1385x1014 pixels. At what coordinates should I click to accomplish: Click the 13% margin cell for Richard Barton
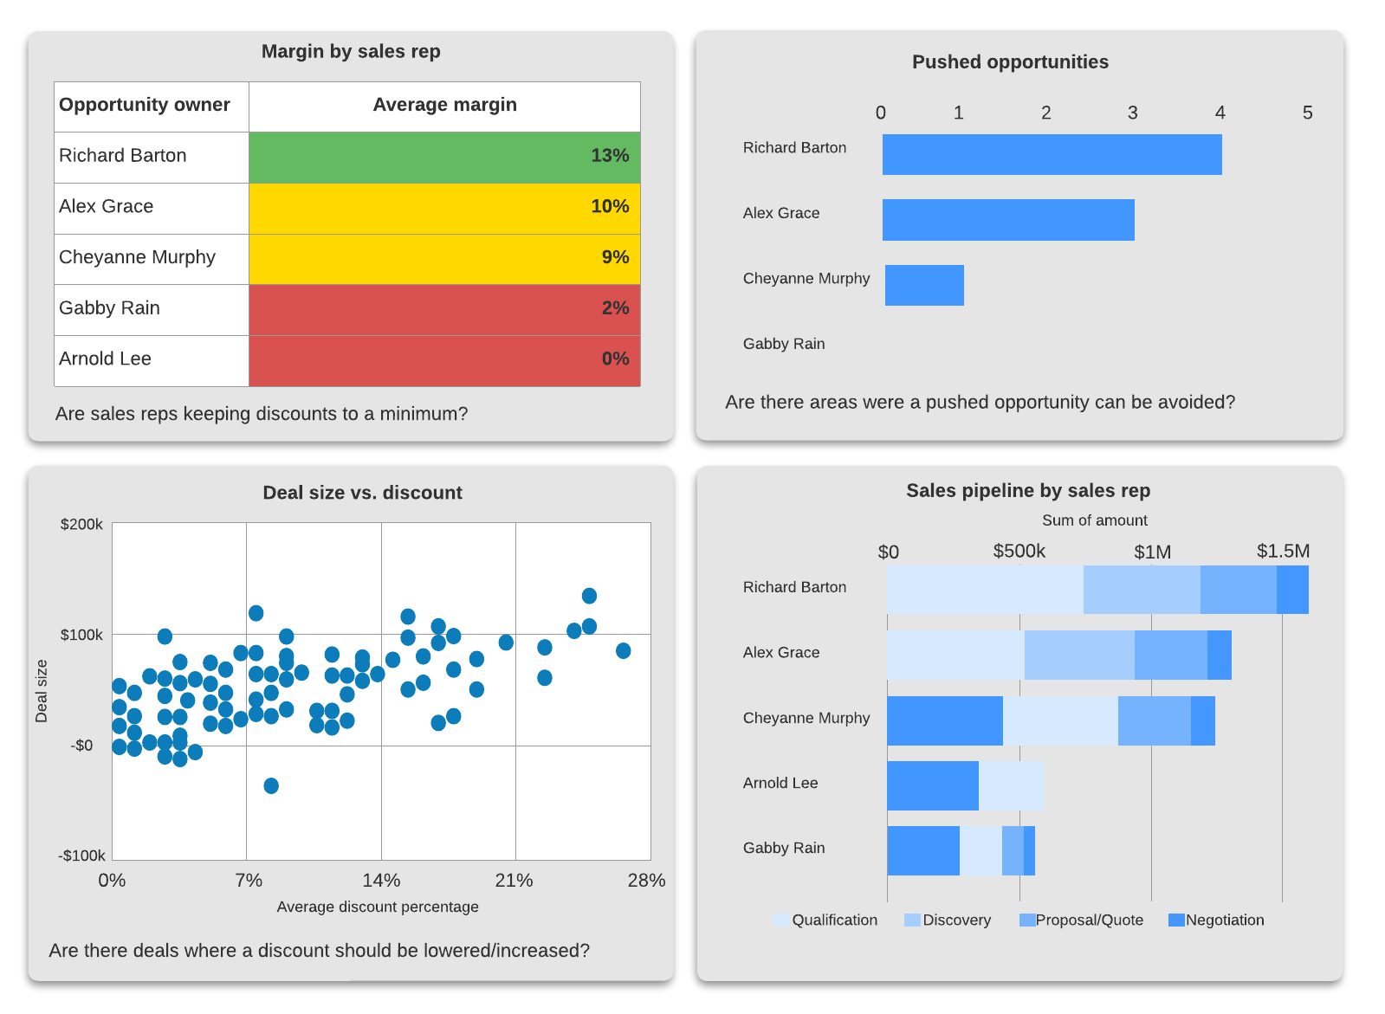coord(444,157)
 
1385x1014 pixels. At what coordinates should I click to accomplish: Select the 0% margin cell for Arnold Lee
coord(444,360)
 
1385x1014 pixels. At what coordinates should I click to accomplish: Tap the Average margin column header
coord(444,106)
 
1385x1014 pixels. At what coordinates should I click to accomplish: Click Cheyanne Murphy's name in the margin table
coord(137,258)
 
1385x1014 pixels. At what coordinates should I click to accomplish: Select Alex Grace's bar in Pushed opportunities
coord(1007,220)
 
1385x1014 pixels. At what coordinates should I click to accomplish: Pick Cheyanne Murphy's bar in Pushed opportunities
coord(923,285)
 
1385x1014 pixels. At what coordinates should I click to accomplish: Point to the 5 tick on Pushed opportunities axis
coord(1307,113)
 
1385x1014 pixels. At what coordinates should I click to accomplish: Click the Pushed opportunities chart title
coord(1010,62)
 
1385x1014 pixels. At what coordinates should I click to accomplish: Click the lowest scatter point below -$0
coord(271,785)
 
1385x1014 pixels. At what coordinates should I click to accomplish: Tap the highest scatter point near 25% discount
coord(589,596)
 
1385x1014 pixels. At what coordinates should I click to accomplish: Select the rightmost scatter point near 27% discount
coord(623,650)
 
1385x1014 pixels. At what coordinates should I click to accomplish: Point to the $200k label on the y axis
coord(81,525)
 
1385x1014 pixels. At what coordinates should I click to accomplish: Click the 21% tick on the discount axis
coord(514,881)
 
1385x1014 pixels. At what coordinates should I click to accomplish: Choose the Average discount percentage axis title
coord(378,907)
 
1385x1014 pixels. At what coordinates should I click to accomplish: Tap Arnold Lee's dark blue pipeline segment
coord(932,786)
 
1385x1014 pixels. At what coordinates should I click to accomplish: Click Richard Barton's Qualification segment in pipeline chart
coord(984,590)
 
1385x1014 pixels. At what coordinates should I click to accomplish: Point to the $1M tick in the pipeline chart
coord(1152,552)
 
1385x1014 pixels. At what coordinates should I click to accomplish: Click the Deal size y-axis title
coord(42,691)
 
